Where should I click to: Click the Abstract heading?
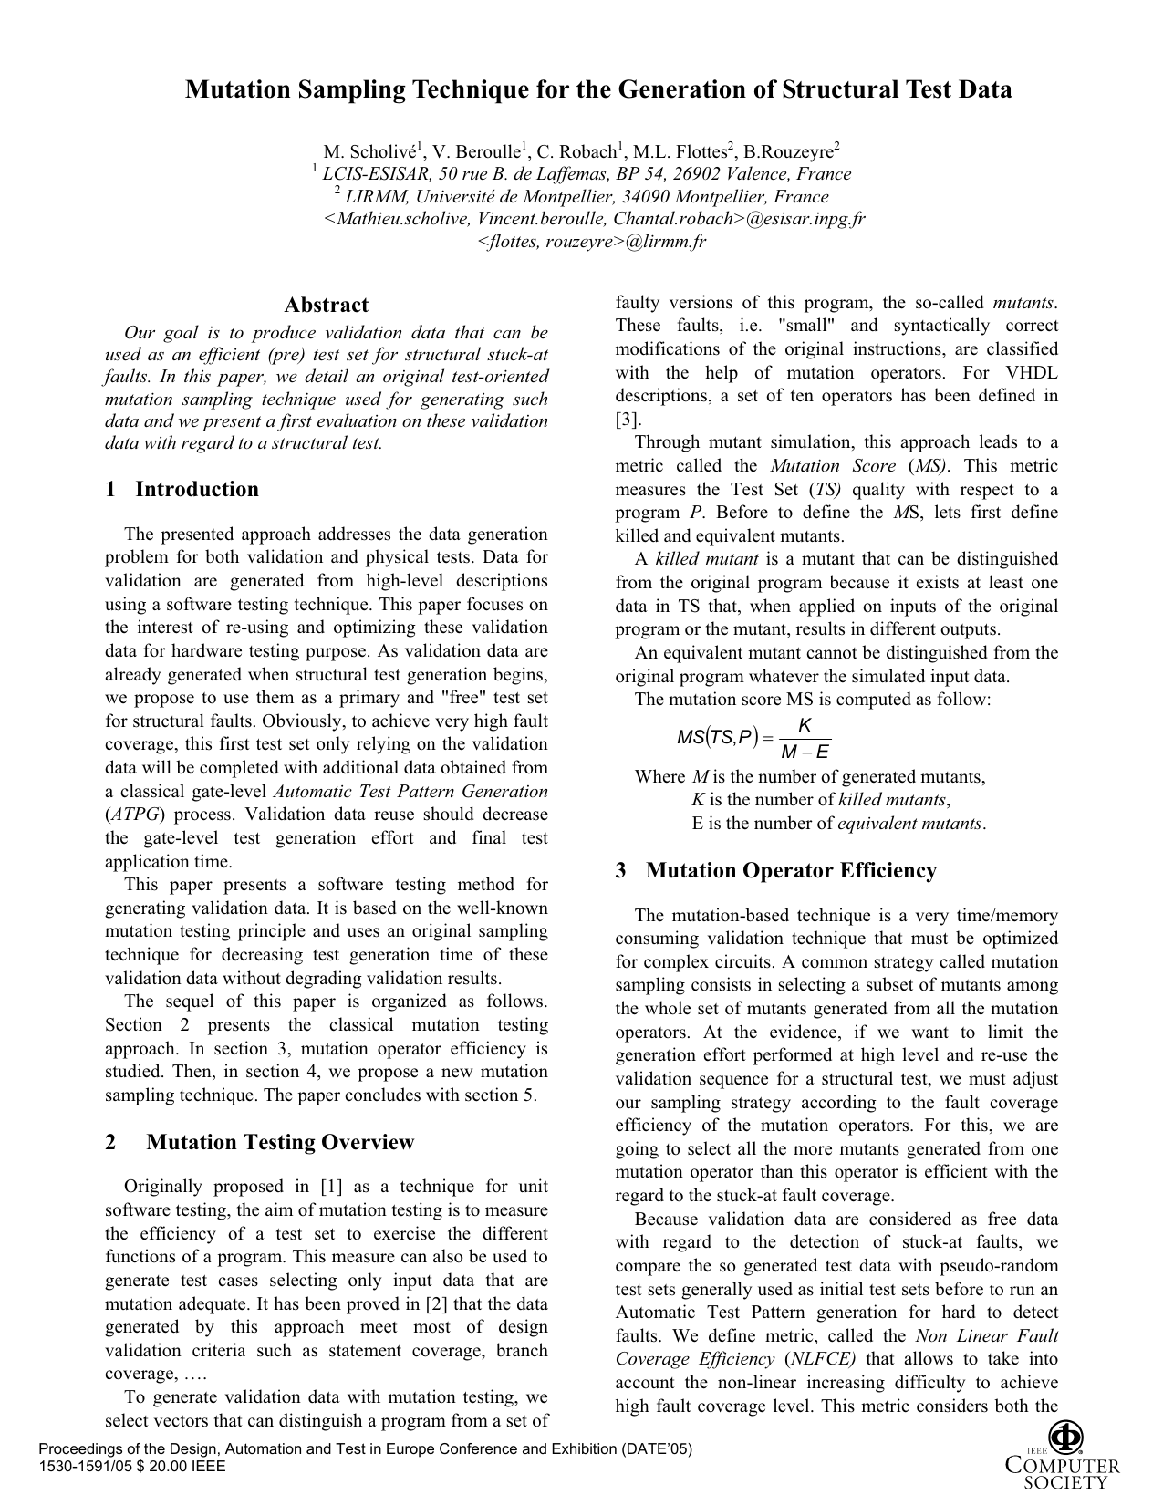pos(326,305)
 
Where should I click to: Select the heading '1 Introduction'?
pos(182,489)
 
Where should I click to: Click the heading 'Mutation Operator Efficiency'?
pos(790,870)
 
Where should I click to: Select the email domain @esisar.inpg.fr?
pos(805,219)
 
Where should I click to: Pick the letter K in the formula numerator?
pos(804,725)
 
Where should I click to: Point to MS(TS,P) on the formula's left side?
pos(717,738)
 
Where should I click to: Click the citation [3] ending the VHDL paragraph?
pos(628,420)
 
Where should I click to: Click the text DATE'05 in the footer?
pos(662,1448)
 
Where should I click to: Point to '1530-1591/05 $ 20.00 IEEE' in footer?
pos(132,1466)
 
